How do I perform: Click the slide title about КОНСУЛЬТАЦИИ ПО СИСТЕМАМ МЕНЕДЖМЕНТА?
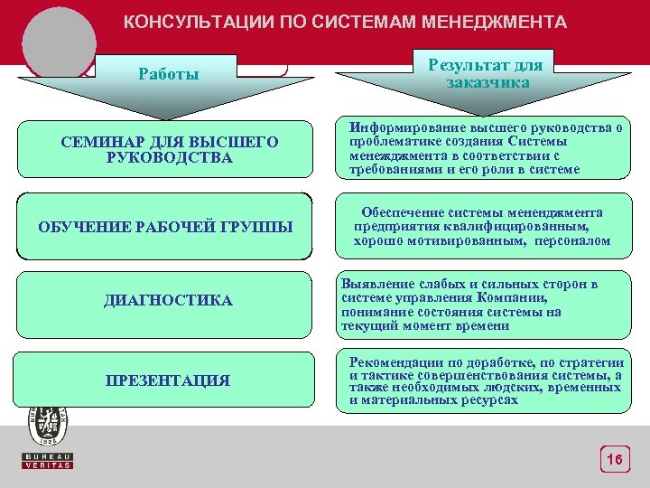pyautogui.click(x=345, y=22)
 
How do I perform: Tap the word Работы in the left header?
pyautogui.click(x=169, y=74)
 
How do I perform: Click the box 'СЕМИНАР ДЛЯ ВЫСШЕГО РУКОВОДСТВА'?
pyautogui.click(x=169, y=150)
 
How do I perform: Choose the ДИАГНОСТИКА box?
pyautogui.click(x=168, y=300)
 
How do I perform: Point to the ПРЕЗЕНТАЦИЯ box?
pyautogui.click(x=168, y=380)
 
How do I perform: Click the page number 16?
pyautogui.click(x=614, y=461)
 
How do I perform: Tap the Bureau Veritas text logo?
pyautogui.click(x=48, y=460)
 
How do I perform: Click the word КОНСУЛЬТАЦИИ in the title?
pyautogui.click(x=185, y=22)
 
